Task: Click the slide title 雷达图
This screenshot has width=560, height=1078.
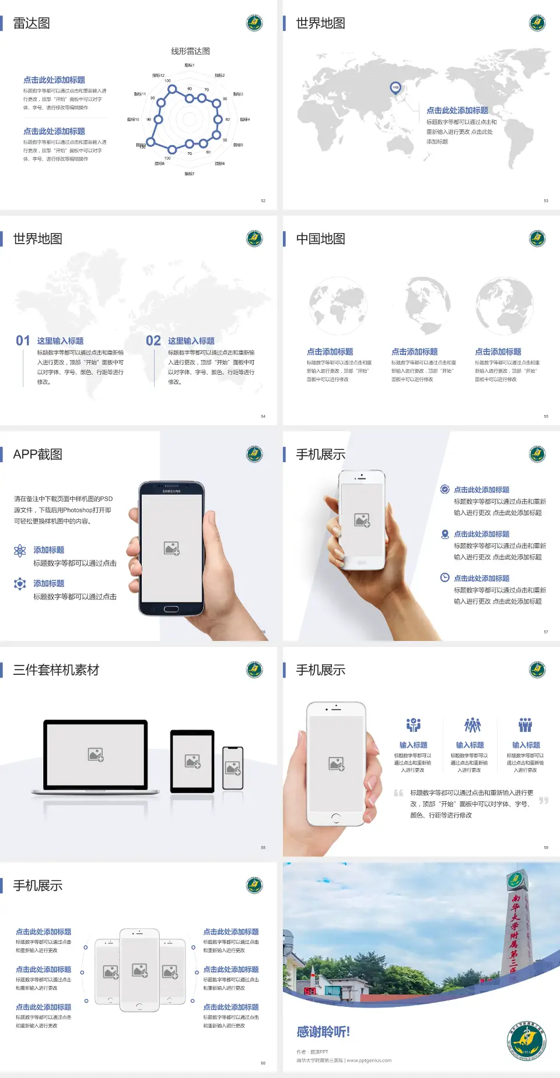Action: pyautogui.click(x=32, y=23)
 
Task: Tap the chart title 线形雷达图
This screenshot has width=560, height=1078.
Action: pyautogui.click(x=190, y=51)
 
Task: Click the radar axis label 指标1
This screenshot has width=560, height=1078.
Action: pyautogui.click(x=189, y=65)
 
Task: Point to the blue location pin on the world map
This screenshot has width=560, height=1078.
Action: pyautogui.click(x=395, y=88)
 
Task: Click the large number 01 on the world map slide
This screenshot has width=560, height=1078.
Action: pyautogui.click(x=23, y=341)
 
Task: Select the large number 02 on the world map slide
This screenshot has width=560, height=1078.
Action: pyautogui.click(x=153, y=341)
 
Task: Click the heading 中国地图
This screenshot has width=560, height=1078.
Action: pyautogui.click(x=320, y=239)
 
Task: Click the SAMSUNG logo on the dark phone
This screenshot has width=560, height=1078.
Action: pyautogui.click(x=171, y=491)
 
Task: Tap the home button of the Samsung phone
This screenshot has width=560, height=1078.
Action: pyautogui.click(x=171, y=609)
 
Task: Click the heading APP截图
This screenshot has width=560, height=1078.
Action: pyautogui.click(x=37, y=455)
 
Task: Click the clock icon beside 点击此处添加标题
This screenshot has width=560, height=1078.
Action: pyautogui.click(x=444, y=577)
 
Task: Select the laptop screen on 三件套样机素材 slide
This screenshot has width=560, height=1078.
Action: pyautogui.click(x=96, y=754)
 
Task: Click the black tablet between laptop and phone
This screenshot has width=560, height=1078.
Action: pyautogui.click(x=192, y=760)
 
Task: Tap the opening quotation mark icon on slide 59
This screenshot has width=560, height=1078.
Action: pyautogui.click(x=398, y=792)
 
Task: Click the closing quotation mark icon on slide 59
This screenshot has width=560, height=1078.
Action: pyautogui.click(x=543, y=801)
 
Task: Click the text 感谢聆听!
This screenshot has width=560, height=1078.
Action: pyautogui.click(x=323, y=1032)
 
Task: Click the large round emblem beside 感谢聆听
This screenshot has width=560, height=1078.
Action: pyautogui.click(x=526, y=1041)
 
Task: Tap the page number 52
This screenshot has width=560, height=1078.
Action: pyautogui.click(x=263, y=200)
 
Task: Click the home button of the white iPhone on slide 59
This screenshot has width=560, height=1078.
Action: pyautogui.click(x=335, y=818)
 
